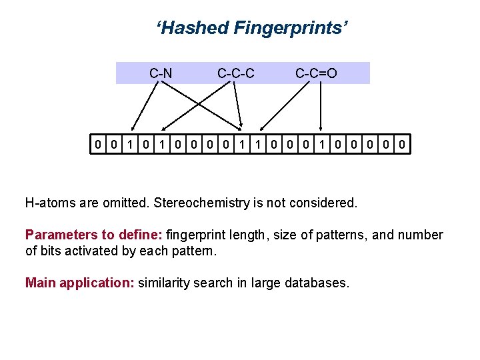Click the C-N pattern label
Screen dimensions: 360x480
(161, 73)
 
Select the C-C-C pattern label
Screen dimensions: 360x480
(235, 73)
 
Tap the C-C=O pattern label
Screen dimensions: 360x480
(316, 73)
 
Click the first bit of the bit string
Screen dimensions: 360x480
(99, 143)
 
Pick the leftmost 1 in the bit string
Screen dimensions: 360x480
(131, 143)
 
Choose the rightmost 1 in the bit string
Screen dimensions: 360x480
(323, 143)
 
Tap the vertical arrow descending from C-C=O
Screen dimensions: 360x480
(322, 107)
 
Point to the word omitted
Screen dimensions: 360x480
(125, 202)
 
